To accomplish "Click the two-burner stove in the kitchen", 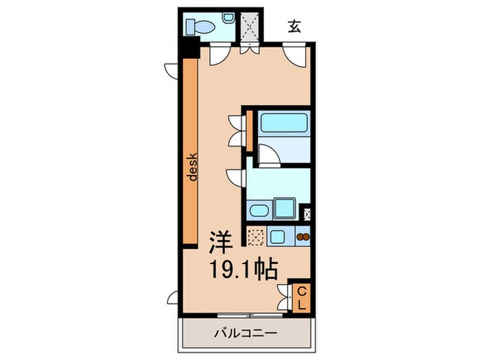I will click(x=302, y=238).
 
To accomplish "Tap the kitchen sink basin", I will click(x=277, y=237).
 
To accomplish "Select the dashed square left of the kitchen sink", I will click(x=256, y=237).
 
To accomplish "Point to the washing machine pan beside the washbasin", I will click(x=283, y=208).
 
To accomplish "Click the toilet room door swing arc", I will click(x=219, y=54).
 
